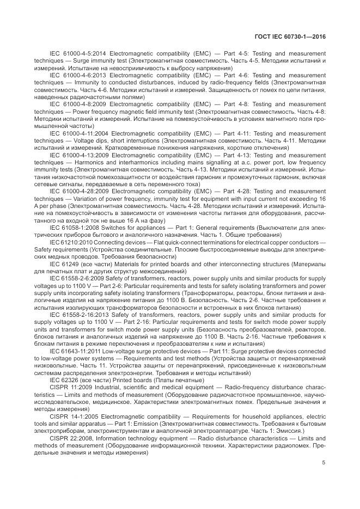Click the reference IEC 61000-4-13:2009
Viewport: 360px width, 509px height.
(78, 155)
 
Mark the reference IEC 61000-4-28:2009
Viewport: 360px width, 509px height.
(78, 191)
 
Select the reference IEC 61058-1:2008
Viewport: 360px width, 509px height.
(74, 227)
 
